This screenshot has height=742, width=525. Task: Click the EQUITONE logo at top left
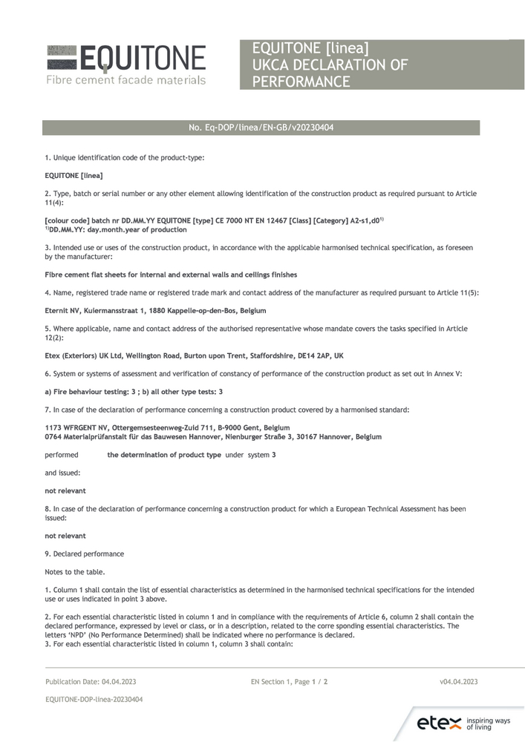click(x=126, y=58)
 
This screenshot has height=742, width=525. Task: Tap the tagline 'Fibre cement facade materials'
click(x=125, y=79)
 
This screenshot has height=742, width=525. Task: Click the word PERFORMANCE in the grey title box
click(x=301, y=81)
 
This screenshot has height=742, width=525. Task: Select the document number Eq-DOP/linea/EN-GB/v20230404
click(x=261, y=128)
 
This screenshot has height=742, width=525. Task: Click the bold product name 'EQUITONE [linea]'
click(x=74, y=175)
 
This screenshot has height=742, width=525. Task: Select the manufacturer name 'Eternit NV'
click(x=64, y=310)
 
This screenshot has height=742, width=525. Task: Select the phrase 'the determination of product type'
click(x=164, y=455)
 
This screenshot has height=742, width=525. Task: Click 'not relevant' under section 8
click(x=65, y=536)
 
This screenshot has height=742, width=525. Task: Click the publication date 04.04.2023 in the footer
click(x=114, y=681)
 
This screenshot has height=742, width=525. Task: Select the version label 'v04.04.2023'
click(x=458, y=681)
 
